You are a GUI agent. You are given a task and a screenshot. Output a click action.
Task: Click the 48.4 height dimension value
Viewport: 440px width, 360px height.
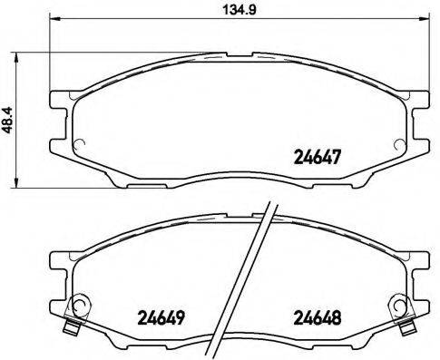tap(10, 120)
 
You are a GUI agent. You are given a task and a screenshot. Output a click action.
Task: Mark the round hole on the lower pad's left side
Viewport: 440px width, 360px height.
tap(80, 306)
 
